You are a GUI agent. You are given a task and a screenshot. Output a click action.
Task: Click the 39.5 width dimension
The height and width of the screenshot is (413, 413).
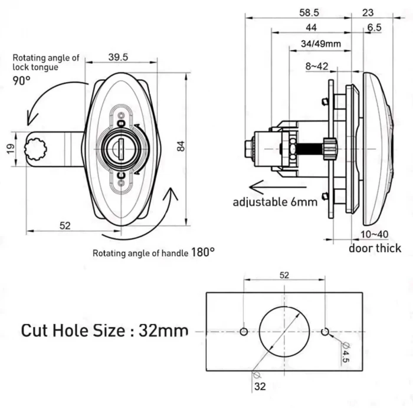[119, 57]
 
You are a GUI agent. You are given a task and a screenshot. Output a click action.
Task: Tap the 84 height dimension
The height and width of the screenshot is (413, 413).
[181, 149]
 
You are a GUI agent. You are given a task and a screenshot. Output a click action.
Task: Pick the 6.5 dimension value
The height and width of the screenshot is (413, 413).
[373, 28]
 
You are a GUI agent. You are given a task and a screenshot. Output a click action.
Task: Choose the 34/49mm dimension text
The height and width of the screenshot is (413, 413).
[320, 44]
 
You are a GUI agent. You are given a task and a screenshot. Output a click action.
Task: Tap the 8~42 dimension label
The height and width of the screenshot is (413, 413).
[317, 67]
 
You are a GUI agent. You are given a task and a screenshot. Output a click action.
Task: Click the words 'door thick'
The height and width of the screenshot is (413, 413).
[375, 248]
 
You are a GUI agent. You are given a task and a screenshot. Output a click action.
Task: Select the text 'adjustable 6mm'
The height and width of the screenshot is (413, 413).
[275, 202]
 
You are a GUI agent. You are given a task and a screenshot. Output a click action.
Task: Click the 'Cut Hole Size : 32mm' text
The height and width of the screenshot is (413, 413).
[105, 330]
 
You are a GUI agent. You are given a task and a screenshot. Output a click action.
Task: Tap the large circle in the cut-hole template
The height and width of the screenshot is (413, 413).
[284, 332]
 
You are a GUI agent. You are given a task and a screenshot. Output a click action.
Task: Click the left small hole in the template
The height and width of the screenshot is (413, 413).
[244, 332]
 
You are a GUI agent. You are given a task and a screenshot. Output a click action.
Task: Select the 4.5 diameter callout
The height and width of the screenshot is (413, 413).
[346, 352]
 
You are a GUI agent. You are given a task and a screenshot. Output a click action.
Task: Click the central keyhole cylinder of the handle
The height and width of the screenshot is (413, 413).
[121, 147]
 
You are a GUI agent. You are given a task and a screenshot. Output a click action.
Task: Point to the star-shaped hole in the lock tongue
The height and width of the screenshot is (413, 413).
[37, 148]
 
